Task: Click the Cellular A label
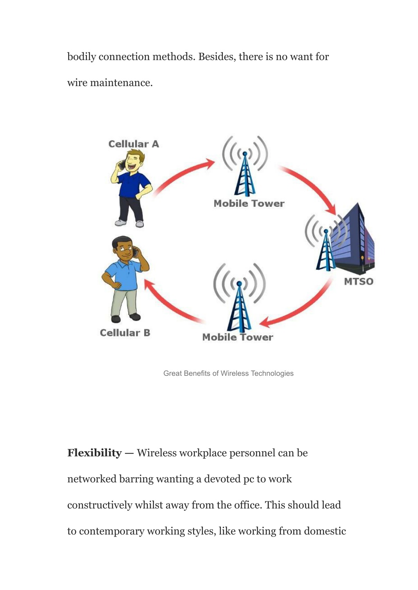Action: (x=133, y=144)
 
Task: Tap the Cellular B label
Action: (x=125, y=333)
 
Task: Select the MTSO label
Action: (x=359, y=282)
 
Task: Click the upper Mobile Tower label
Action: (x=249, y=203)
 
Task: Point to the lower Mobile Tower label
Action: (x=238, y=337)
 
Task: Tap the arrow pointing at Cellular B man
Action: (x=169, y=306)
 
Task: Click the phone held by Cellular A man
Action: (x=122, y=164)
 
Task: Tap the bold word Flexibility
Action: (x=94, y=453)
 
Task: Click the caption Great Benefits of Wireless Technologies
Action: (x=228, y=373)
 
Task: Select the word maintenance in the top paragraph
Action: (x=121, y=83)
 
